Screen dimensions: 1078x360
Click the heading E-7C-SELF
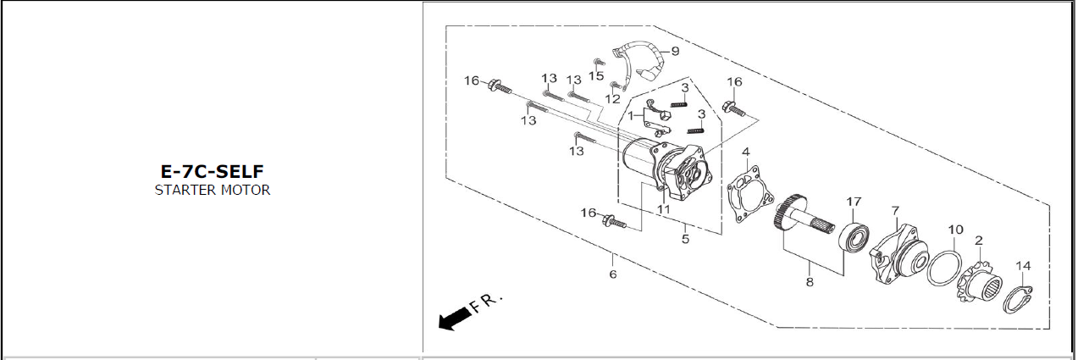coord(212,171)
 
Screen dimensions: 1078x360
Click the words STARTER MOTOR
coord(213,190)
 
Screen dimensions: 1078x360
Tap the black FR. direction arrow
coord(455,318)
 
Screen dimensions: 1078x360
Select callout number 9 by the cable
coord(675,51)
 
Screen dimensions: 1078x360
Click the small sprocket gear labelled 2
coord(979,280)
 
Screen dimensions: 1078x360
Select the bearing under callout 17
coord(854,237)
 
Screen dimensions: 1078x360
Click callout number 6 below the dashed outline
coord(612,274)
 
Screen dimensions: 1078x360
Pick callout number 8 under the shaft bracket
coord(810,282)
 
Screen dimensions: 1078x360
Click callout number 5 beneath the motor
coord(685,239)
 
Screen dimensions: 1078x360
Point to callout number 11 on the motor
coord(664,210)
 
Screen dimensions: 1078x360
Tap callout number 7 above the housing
coord(895,211)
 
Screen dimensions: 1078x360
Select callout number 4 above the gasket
coord(745,152)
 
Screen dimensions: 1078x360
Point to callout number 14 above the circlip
coord(1023,266)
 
